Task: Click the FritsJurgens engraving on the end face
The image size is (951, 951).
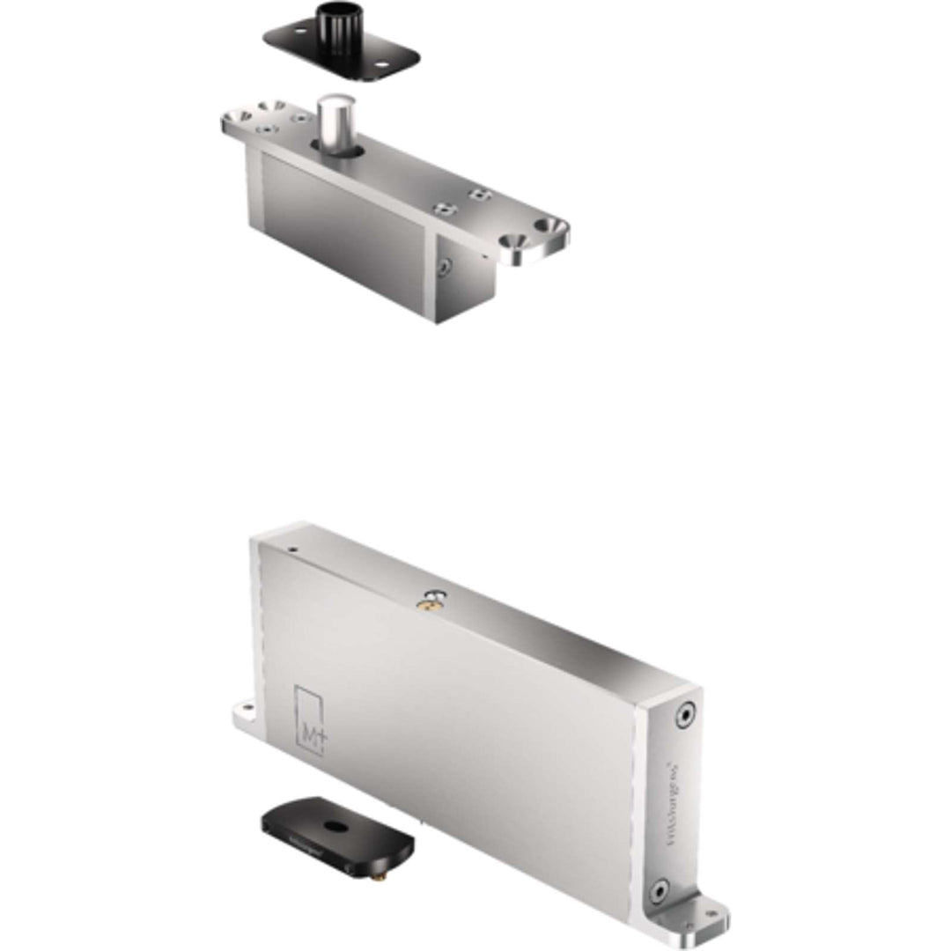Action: tap(673, 801)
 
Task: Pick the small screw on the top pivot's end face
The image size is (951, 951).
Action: tap(446, 265)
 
